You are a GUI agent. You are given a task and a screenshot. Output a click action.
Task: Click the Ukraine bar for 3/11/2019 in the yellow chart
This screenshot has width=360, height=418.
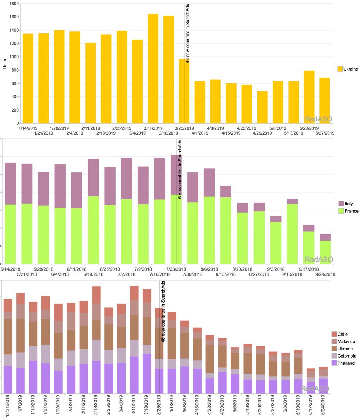coord(153,68)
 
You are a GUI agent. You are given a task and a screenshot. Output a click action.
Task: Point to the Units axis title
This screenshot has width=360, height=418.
coord(5,63)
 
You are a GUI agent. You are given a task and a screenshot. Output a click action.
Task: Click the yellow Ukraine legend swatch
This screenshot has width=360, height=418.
coord(339,69)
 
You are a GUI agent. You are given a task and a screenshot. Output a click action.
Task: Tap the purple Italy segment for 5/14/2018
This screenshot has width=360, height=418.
coord(10,183)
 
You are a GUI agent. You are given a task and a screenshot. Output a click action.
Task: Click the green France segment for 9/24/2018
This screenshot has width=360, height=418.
coord(325,252)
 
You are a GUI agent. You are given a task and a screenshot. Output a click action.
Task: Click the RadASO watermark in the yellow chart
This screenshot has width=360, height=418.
coord(318,118)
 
